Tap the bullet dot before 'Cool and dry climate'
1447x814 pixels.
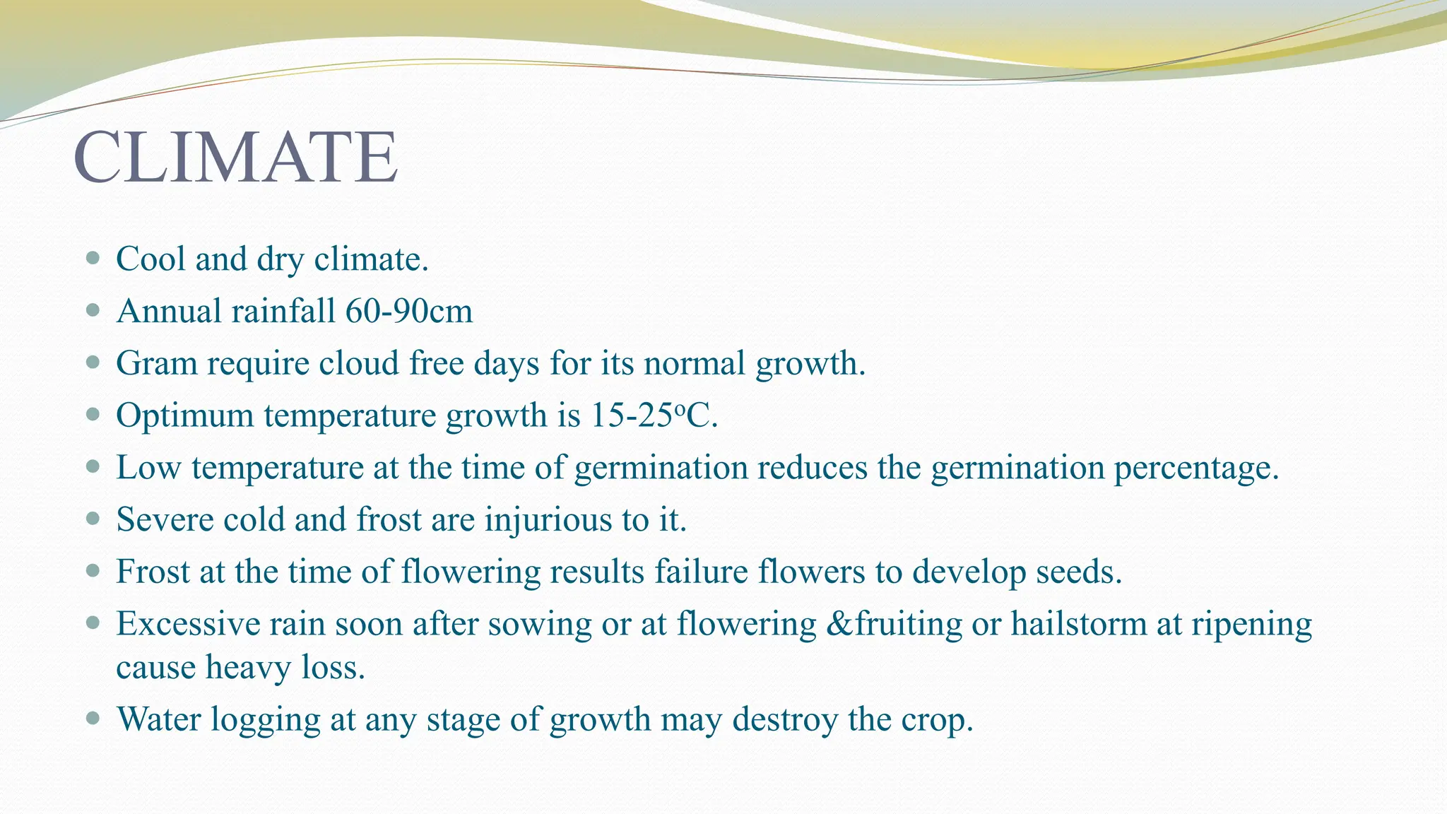93,258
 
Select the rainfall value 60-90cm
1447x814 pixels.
409,311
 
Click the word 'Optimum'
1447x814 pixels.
184,415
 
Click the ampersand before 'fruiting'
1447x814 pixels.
839,624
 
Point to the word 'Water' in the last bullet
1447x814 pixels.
159,719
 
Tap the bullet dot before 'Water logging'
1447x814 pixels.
93,719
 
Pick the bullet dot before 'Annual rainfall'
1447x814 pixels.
93,310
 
